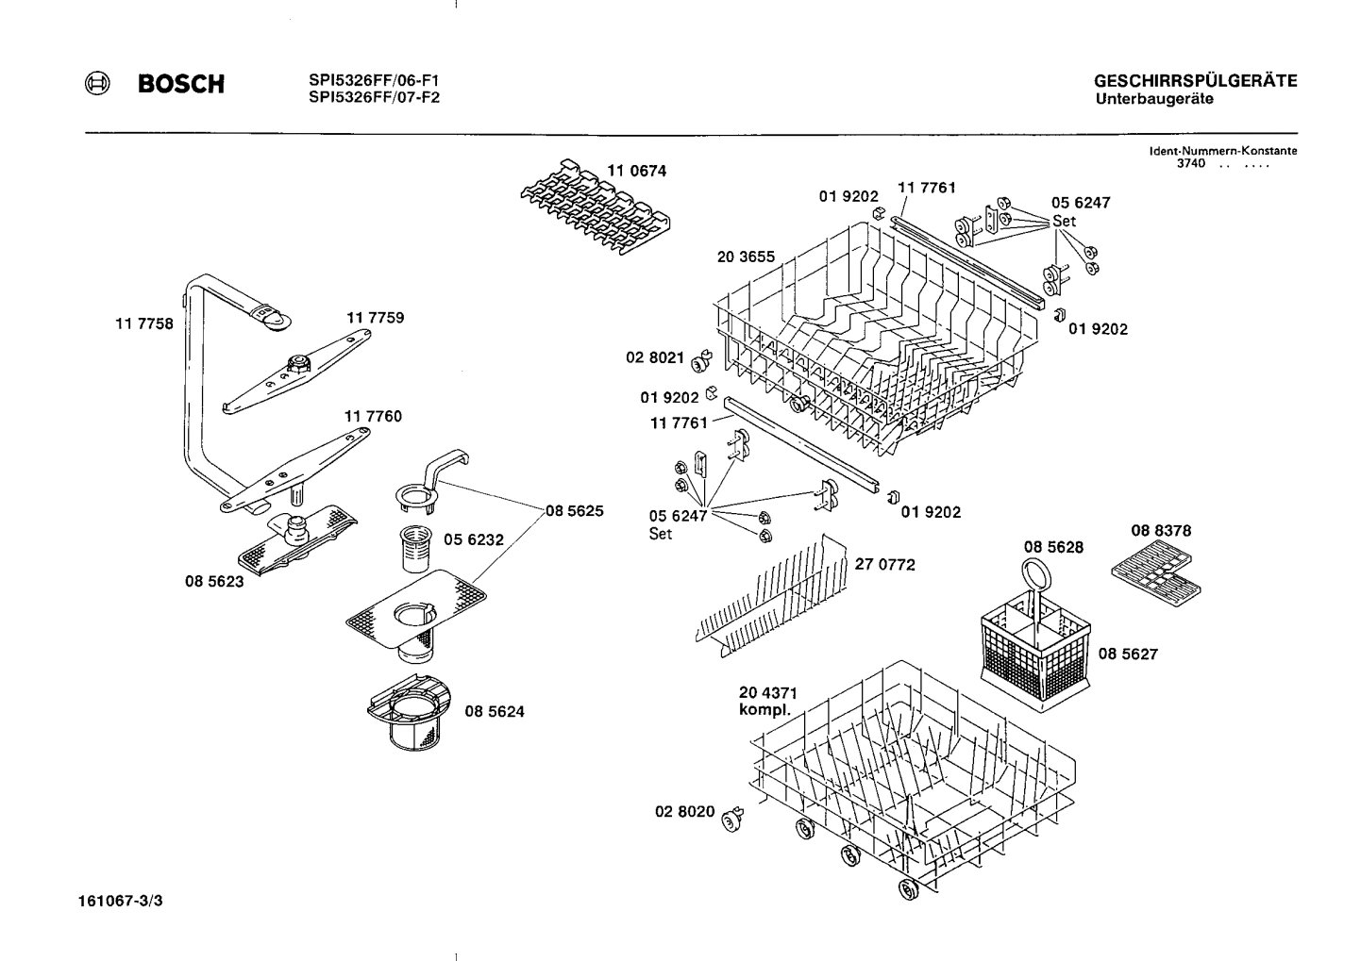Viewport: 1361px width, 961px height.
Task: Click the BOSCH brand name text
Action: pos(181,85)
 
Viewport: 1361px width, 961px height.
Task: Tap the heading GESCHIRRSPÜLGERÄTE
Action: pos(1195,81)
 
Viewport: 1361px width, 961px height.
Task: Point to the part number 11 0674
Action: pos(636,171)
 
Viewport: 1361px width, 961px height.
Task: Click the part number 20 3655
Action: pos(746,257)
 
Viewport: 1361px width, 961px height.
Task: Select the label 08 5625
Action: pos(574,511)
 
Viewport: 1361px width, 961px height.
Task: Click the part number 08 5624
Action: pos(495,712)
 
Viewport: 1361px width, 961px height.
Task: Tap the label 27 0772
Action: pos(884,565)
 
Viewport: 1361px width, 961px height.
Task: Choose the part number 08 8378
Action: pos(1160,531)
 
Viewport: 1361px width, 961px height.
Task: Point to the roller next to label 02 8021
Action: pos(699,362)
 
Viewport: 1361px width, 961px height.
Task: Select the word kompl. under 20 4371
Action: pos(765,710)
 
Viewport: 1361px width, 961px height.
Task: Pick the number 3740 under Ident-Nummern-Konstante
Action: pos(1191,163)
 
